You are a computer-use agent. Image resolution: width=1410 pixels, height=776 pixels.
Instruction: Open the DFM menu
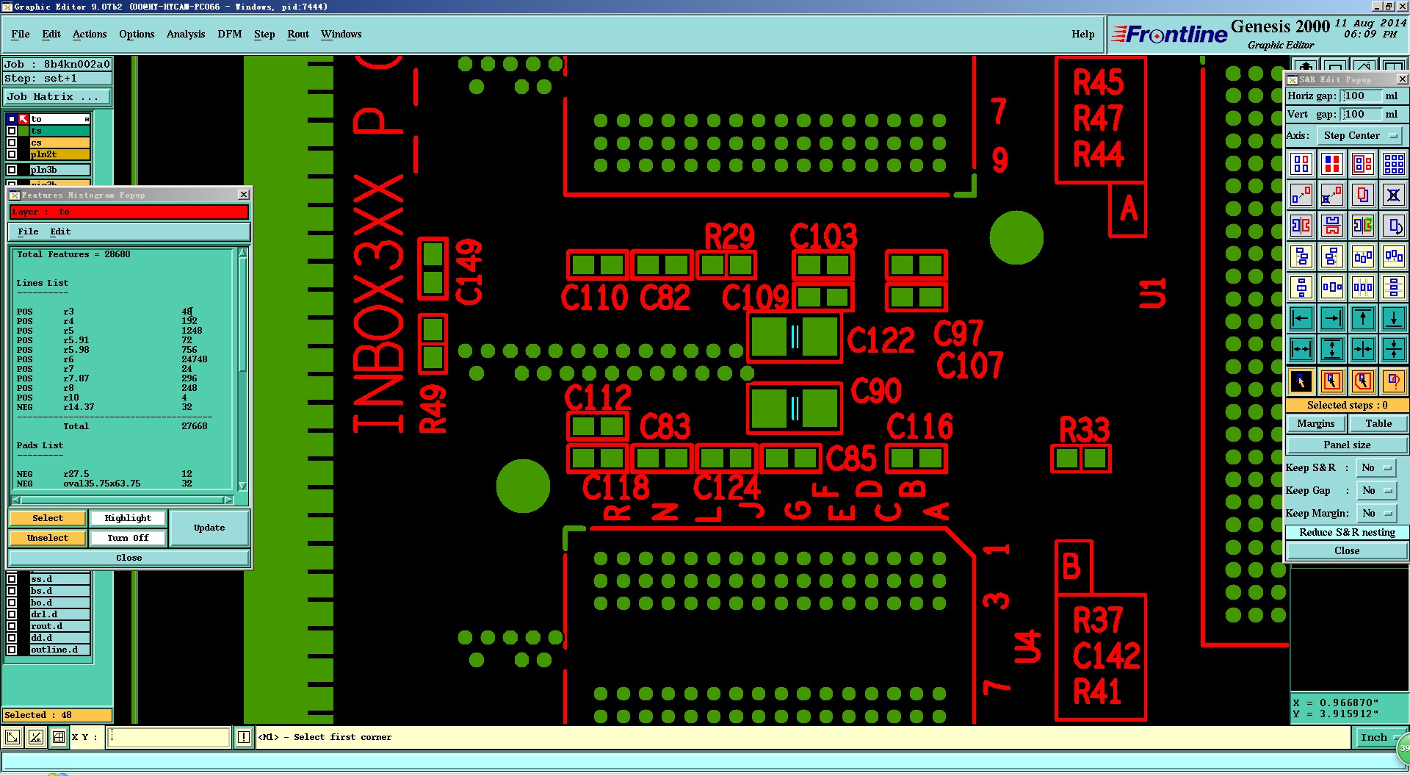pyautogui.click(x=229, y=34)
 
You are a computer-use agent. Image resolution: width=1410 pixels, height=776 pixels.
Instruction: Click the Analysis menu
pyautogui.click(x=185, y=34)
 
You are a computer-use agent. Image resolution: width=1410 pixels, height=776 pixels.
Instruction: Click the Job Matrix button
pyautogui.click(x=57, y=96)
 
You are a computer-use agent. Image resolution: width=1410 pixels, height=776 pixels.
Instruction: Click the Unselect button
pyautogui.click(x=48, y=538)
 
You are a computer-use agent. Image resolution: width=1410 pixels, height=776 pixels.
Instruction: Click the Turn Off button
pyautogui.click(x=128, y=538)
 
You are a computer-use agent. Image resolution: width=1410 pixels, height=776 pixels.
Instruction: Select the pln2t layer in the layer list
pyautogui.click(x=59, y=154)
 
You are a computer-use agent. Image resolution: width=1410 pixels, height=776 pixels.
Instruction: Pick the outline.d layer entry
pyautogui.click(x=59, y=650)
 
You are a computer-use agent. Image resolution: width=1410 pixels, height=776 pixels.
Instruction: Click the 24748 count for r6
pyautogui.click(x=194, y=359)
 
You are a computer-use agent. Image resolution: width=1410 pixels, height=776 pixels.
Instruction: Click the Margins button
pyautogui.click(x=1315, y=423)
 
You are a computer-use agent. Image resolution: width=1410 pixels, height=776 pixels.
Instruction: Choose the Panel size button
pyautogui.click(x=1346, y=445)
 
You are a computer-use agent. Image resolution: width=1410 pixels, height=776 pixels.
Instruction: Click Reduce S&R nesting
pyautogui.click(x=1346, y=532)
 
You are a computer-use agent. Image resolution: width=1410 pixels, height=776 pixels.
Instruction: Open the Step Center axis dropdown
pyautogui.click(x=1360, y=135)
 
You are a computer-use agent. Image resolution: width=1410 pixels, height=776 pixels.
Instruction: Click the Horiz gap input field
pyautogui.click(x=1360, y=96)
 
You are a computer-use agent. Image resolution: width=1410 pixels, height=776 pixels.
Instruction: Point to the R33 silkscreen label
pyautogui.click(x=1084, y=430)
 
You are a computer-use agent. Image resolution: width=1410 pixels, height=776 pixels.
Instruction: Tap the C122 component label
pyautogui.click(x=881, y=340)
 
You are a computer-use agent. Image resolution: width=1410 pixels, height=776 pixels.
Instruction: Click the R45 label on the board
pyautogui.click(x=1098, y=83)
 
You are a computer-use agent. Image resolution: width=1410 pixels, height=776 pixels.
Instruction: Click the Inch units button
pyautogui.click(x=1373, y=737)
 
